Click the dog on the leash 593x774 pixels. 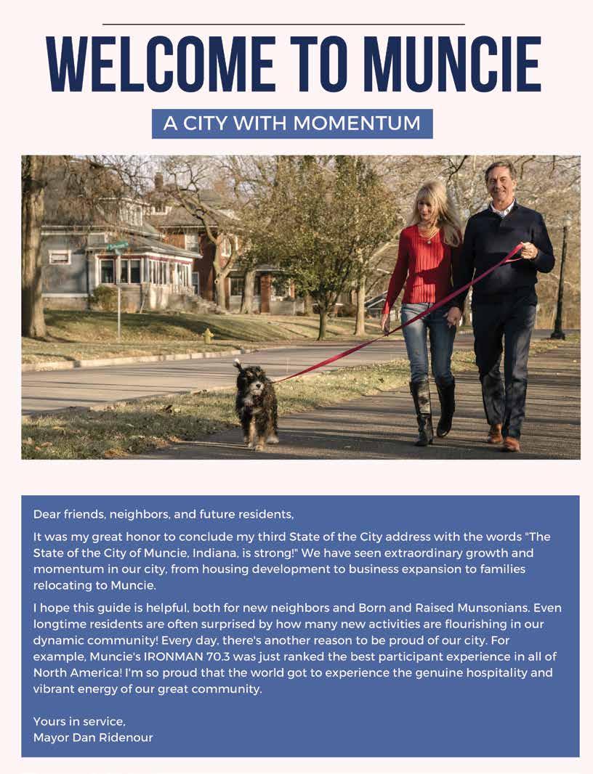click(255, 403)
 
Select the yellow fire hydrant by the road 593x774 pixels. click(208, 335)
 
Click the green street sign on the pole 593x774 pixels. click(118, 247)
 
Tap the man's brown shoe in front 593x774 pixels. click(511, 444)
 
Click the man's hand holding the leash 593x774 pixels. click(528, 250)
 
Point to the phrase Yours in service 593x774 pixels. click(79, 721)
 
